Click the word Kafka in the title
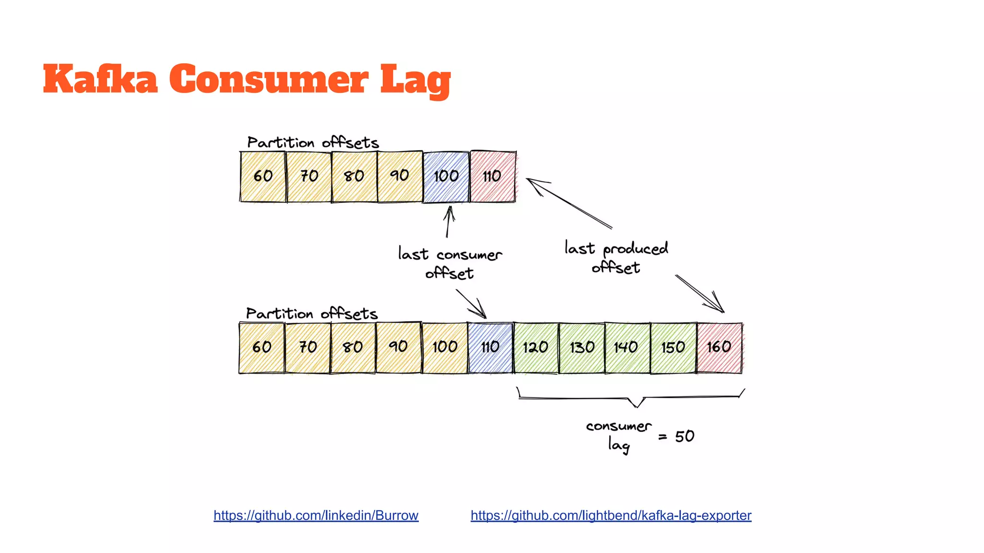[100, 79]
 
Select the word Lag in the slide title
[415, 81]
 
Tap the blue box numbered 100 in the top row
[446, 176]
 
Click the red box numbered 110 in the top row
[492, 176]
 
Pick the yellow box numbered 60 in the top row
[263, 176]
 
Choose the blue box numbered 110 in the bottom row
[491, 348]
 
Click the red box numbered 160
[719, 348]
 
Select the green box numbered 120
[536, 348]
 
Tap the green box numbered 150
[673, 348]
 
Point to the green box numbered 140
[627, 348]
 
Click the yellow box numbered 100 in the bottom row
[445, 348]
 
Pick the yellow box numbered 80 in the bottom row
[353, 348]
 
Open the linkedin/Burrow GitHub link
[316, 516]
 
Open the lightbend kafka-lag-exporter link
[611, 516]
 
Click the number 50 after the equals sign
[684, 436]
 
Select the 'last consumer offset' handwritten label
[450, 263]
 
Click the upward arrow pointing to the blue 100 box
[449, 222]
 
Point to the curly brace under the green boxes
[631, 398]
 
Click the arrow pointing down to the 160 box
[700, 294]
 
